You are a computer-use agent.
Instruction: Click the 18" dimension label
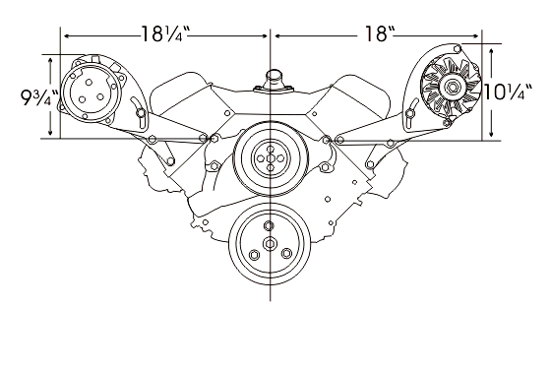380,34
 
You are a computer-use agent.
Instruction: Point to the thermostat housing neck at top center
273,80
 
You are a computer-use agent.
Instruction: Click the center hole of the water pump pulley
271,158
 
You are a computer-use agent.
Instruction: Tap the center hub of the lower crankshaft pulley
270,243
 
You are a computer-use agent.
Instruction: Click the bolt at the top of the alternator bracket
458,47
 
